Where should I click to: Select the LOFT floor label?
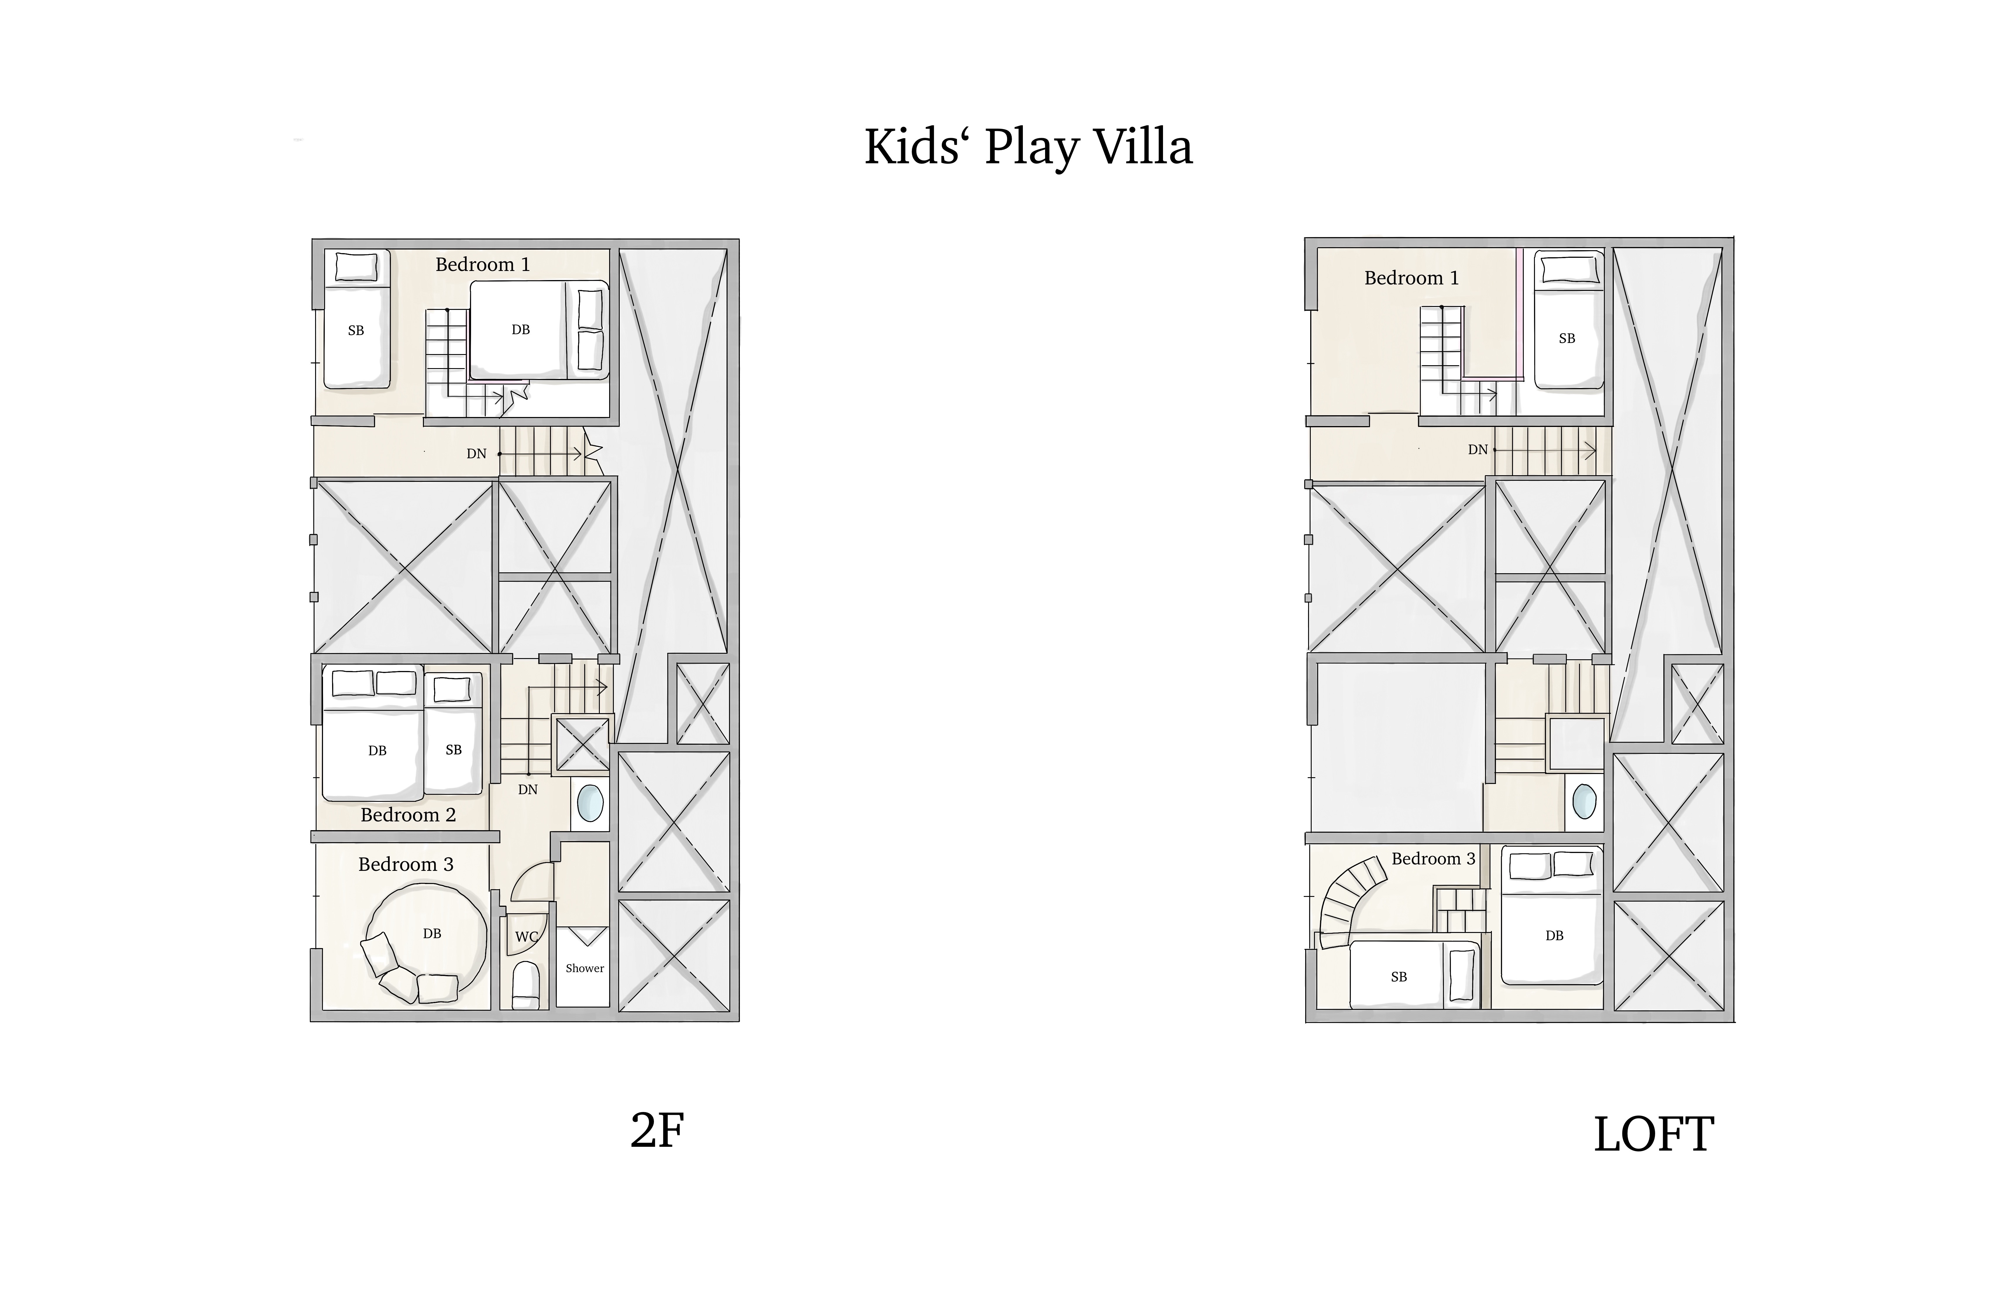[1653, 1134]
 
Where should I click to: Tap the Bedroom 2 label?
[408, 815]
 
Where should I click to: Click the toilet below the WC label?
[526, 985]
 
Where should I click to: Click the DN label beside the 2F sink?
[528, 789]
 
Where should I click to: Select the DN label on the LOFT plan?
[1478, 449]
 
